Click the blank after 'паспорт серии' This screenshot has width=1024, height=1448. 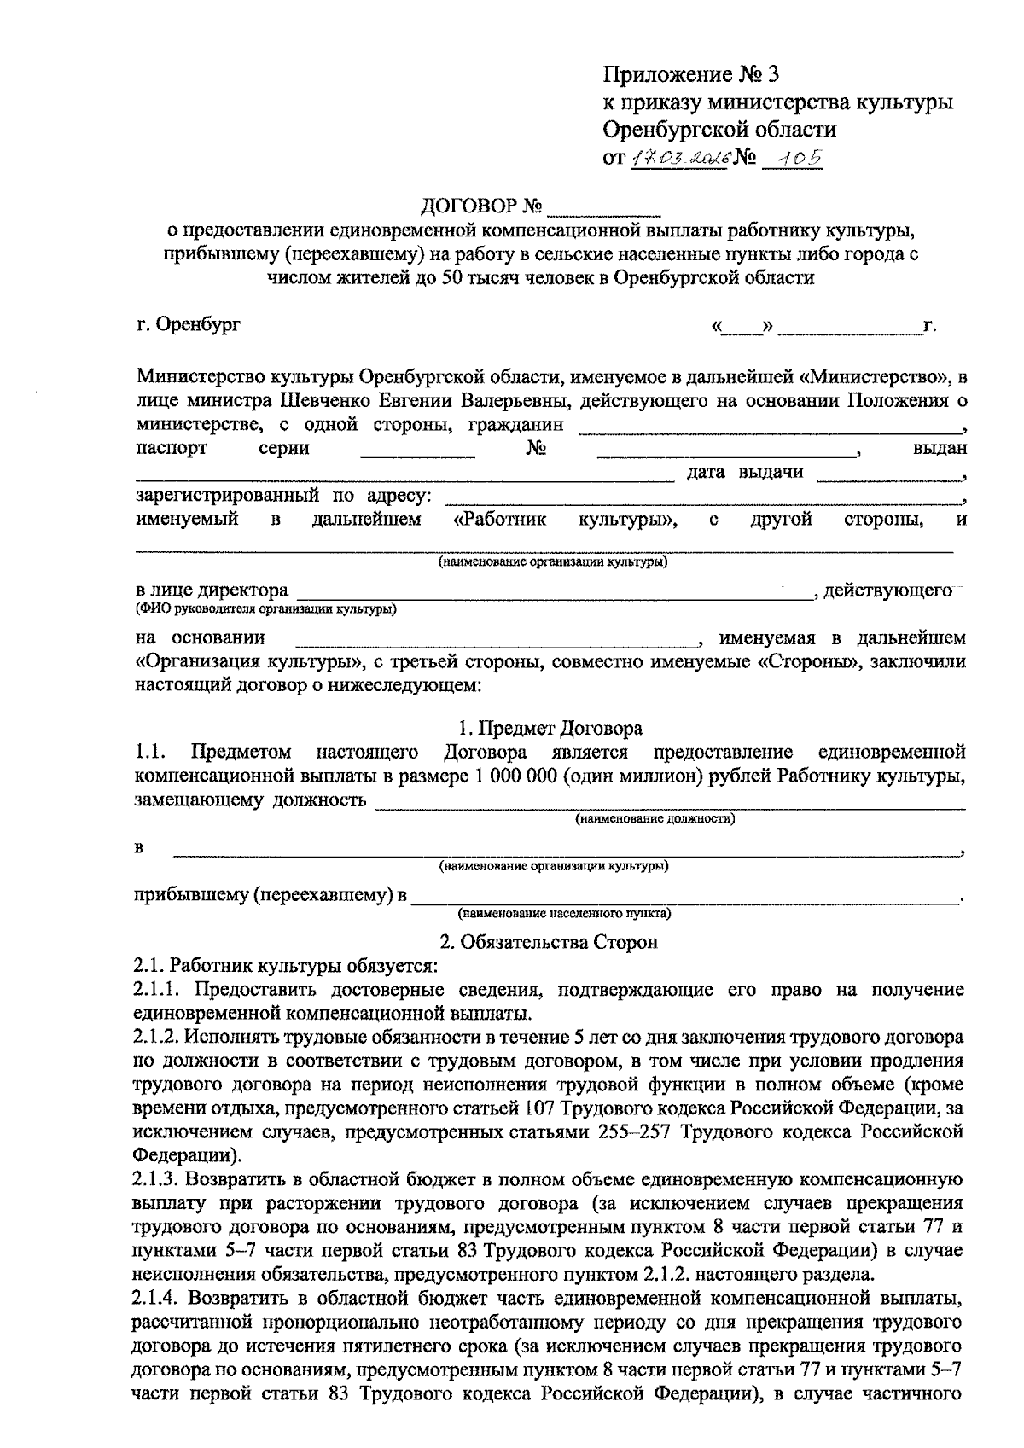pyautogui.click(x=417, y=450)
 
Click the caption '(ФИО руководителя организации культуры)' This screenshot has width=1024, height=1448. pyautogui.click(x=265, y=609)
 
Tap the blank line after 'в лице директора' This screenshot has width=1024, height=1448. pyautogui.click(x=555, y=590)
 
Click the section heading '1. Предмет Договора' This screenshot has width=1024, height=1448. pyautogui.click(x=550, y=728)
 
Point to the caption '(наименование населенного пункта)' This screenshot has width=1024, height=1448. pyautogui.click(x=564, y=914)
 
